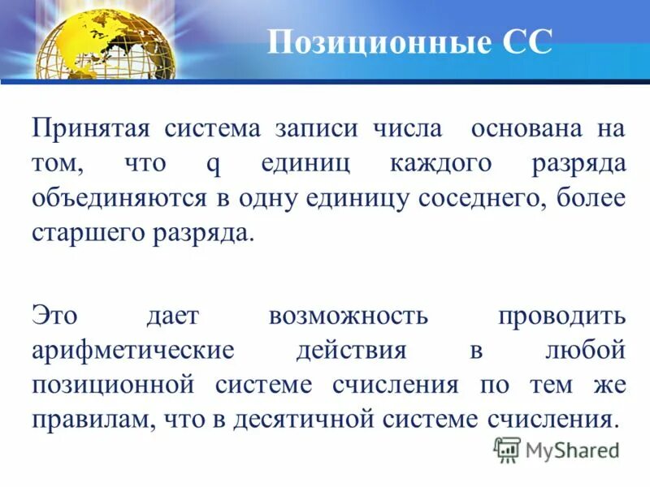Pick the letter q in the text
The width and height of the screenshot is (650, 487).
pyautogui.click(x=213, y=164)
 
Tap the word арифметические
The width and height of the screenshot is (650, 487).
pyautogui.click(x=133, y=350)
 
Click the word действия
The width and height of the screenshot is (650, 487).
pyautogui.click(x=351, y=350)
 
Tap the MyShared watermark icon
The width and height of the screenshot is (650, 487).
pyautogui.click(x=508, y=449)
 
